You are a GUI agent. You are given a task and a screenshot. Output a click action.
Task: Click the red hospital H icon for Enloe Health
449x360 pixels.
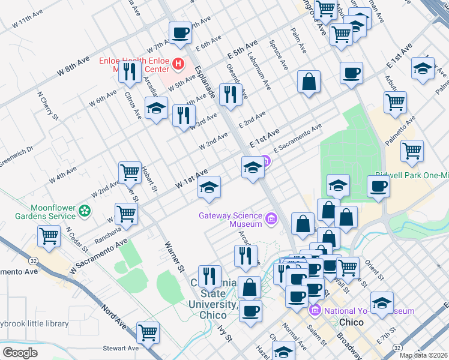tap(178, 63)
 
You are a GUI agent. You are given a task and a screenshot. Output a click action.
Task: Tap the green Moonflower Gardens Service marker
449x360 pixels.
tap(85, 211)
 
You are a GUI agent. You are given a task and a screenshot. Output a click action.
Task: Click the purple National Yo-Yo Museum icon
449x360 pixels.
tap(316, 311)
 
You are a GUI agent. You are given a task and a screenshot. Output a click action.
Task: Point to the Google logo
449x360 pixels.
tap(20, 352)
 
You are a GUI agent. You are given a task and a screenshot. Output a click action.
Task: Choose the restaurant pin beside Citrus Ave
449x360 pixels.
tap(130, 72)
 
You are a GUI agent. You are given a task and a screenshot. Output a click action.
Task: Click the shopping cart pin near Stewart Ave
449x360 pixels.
tap(148, 332)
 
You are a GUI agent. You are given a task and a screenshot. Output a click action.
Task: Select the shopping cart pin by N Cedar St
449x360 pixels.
tap(49, 235)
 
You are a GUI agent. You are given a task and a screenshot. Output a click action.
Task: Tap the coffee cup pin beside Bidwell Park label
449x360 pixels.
tap(378, 186)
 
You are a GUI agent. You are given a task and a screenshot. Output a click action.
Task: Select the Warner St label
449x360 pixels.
tap(174, 256)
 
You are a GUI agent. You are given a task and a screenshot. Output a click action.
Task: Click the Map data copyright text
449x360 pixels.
tap(424, 355)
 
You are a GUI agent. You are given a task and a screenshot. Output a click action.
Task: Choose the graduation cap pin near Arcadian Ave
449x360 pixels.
tap(156, 109)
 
